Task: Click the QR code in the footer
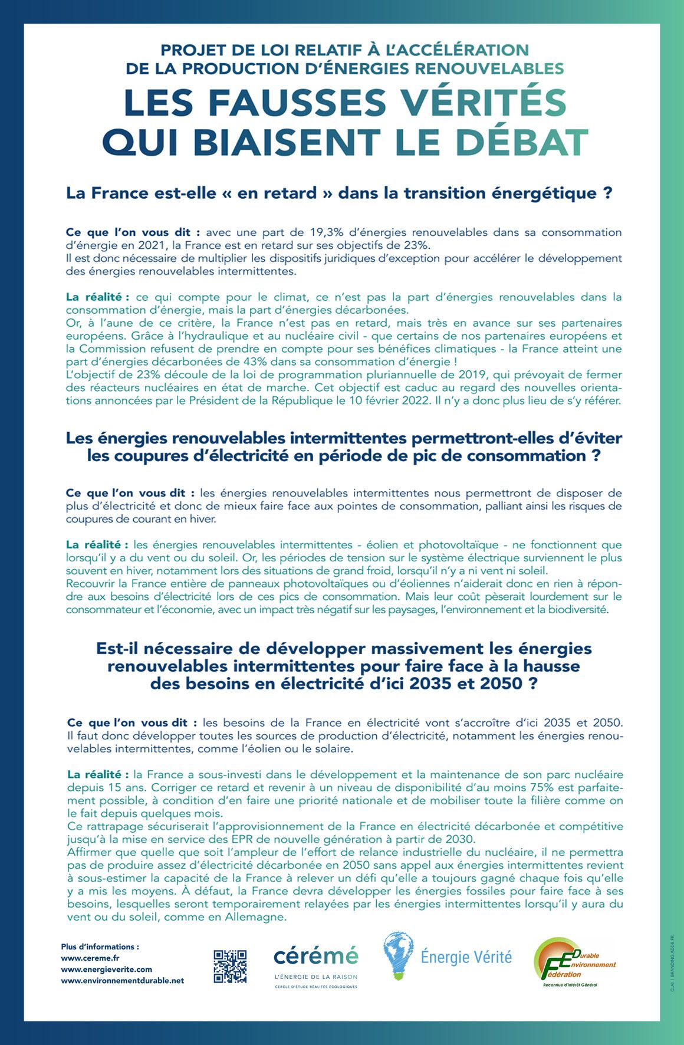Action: tap(230, 966)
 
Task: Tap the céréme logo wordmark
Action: tap(315, 955)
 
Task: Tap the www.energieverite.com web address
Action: tap(107, 969)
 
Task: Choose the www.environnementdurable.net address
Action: tap(123, 980)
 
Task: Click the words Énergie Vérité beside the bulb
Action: tap(466, 957)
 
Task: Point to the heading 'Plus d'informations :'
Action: tap(100, 947)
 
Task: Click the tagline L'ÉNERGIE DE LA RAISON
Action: tap(315, 977)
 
